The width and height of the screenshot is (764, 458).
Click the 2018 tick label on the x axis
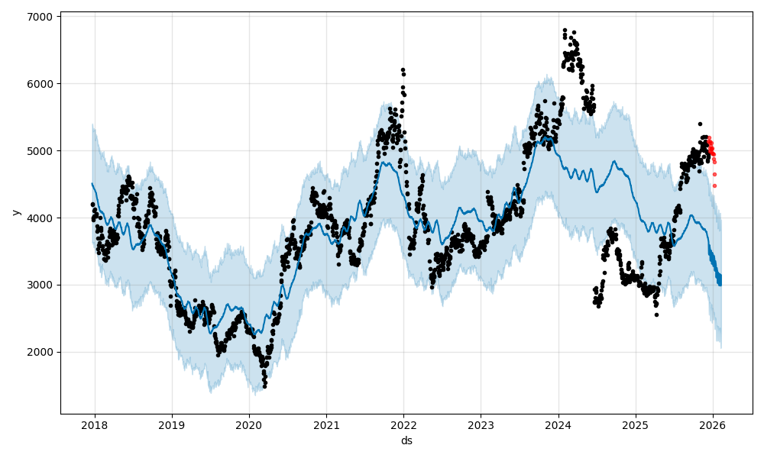coord(94,424)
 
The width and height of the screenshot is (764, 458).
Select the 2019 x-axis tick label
coord(172,424)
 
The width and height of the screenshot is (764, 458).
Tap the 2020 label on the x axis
coord(249,424)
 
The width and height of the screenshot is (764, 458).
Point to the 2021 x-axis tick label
coord(326,424)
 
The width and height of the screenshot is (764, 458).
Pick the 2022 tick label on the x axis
coord(403,424)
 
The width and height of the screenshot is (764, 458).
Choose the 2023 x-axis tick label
coord(481,424)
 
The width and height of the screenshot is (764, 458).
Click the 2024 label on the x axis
coord(558,424)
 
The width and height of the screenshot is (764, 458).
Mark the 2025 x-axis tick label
coord(636,424)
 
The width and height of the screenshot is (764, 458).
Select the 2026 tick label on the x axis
coord(713,424)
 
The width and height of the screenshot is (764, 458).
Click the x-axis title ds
coord(406,440)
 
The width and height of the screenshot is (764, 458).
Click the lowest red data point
coord(714,185)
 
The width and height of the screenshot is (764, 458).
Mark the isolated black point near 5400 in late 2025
coord(700,124)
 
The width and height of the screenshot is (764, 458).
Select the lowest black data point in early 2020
coord(264,386)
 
